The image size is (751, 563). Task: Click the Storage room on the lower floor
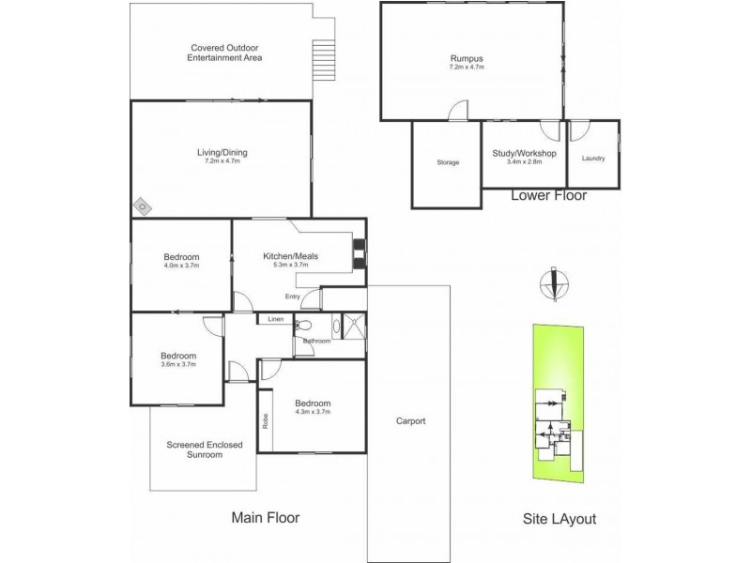pyautogui.click(x=447, y=162)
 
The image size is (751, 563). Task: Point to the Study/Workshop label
pyautogui.click(x=525, y=153)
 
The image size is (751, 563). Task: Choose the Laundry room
pyautogui.click(x=593, y=158)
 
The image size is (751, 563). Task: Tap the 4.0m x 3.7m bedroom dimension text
pyautogui.click(x=180, y=266)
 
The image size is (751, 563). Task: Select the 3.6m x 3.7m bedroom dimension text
pyautogui.click(x=177, y=364)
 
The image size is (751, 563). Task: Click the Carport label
pyautogui.click(x=409, y=421)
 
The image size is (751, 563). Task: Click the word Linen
pyautogui.click(x=275, y=320)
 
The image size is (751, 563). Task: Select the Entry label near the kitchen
pyautogui.click(x=294, y=297)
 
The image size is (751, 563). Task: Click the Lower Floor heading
pyautogui.click(x=548, y=196)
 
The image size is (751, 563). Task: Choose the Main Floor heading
pyautogui.click(x=266, y=517)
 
